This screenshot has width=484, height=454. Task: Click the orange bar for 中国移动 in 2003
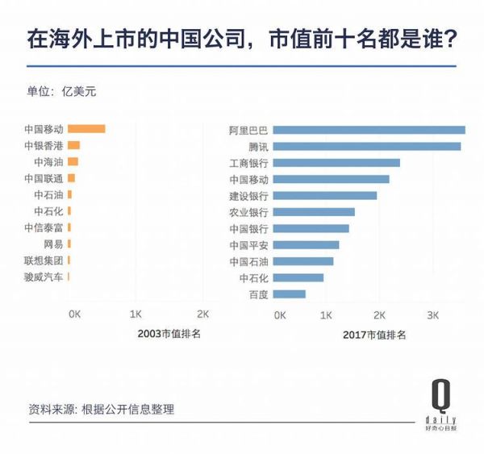click(86, 129)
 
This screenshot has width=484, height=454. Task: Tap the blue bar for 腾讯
click(367, 147)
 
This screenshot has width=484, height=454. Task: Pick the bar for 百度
click(290, 294)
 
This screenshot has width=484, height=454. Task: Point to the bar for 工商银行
click(337, 163)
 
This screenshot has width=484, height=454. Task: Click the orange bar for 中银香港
click(73, 145)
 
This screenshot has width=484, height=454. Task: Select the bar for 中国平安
click(307, 245)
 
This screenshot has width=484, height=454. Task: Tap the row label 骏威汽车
click(44, 277)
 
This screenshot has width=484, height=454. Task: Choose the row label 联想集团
click(44, 260)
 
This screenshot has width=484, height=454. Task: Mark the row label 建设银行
click(248, 196)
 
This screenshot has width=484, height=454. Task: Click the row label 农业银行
click(248, 212)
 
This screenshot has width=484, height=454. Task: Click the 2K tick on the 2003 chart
click(202, 314)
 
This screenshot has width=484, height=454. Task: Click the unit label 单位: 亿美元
click(62, 91)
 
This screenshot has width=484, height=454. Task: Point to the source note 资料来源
click(101, 410)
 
